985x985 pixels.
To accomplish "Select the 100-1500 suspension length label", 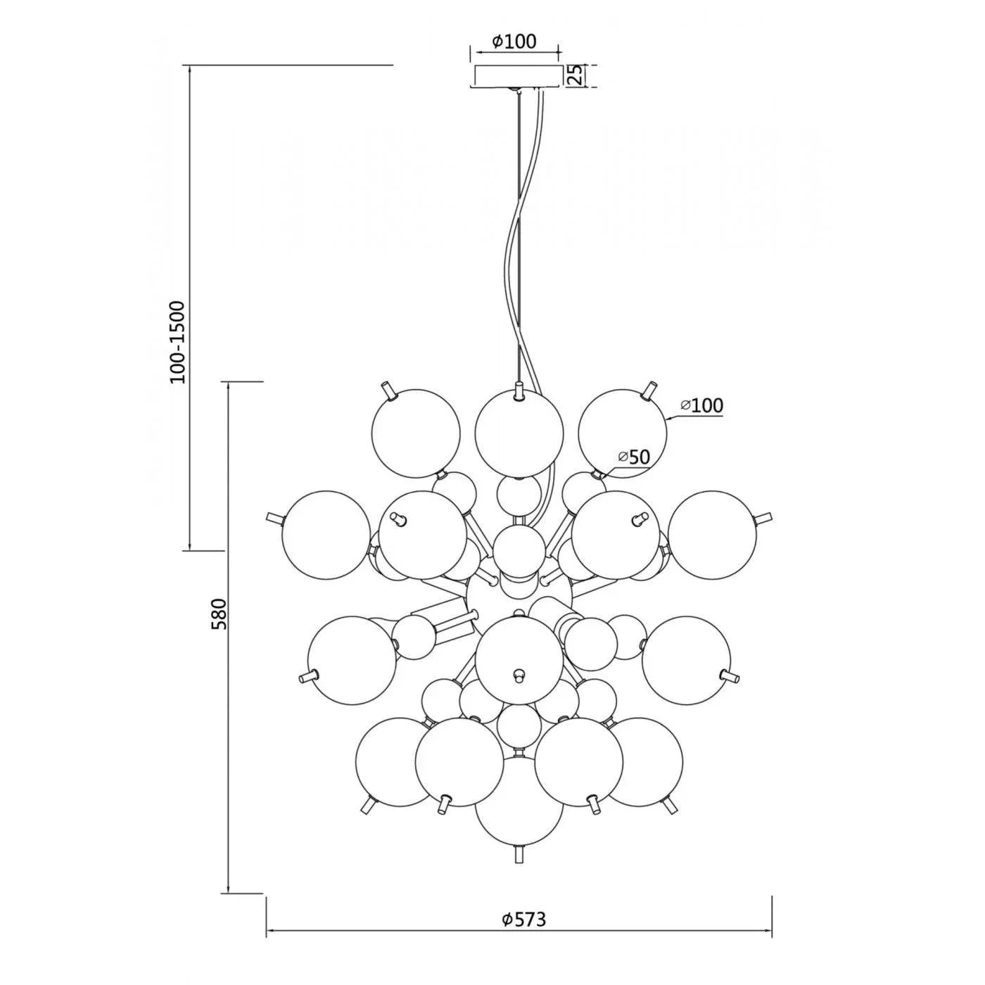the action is (x=178, y=342).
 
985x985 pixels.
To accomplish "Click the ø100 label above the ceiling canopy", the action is (x=515, y=42).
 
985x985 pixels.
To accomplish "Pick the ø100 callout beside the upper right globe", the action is (x=702, y=405).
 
